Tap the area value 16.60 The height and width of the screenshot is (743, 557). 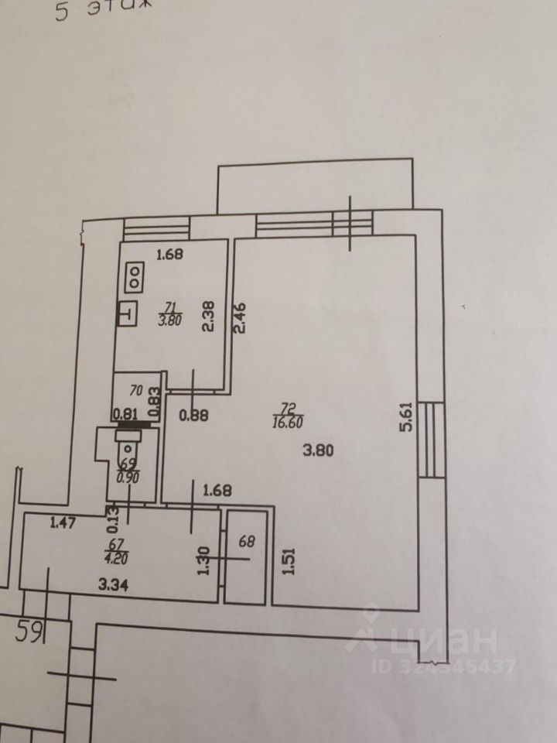pyautogui.click(x=286, y=422)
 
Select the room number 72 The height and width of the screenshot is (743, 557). pyautogui.click(x=286, y=408)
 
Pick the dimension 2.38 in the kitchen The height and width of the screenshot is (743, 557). pyautogui.click(x=207, y=316)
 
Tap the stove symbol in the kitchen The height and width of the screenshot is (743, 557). pyautogui.click(x=135, y=277)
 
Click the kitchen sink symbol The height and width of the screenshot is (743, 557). pyautogui.click(x=125, y=314)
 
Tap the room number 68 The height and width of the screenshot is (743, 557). pyautogui.click(x=247, y=542)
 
